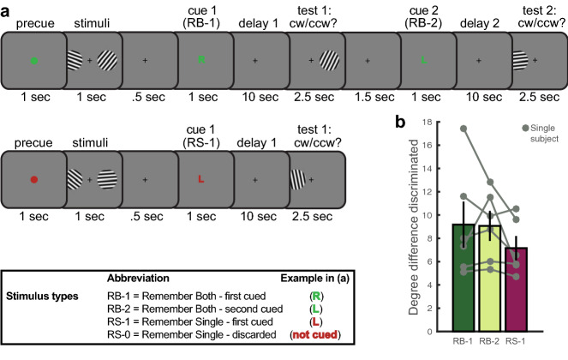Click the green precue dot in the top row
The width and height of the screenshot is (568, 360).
(x=33, y=61)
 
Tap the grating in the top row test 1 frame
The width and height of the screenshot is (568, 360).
(x=326, y=61)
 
